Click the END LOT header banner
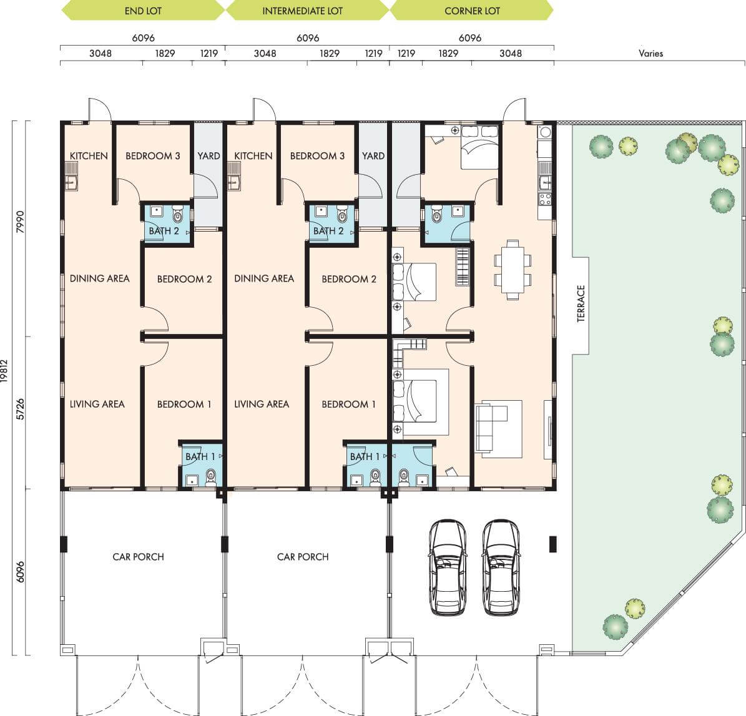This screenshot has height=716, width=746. coord(143,11)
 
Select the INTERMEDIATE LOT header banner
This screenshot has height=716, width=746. coord(307,11)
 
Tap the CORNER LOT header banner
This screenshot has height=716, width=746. coord(471,11)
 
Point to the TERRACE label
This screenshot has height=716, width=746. coord(581,303)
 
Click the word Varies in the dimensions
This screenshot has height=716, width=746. coord(650,53)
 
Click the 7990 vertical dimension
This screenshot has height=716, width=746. coord(20,222)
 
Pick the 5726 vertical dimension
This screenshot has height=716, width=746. coord(20,409)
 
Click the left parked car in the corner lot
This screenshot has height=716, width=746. coord(447,567)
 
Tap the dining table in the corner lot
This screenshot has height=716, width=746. coord(513,270)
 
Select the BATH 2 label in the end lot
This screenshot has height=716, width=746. coord(164,231)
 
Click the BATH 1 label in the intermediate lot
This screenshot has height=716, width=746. coord(365,457)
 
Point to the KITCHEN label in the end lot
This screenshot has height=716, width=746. coord(89,156)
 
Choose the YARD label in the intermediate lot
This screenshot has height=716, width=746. coord(373,156)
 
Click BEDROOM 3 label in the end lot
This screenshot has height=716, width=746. coord(153,156)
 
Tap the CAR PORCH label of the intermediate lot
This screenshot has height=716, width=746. coord(303,557)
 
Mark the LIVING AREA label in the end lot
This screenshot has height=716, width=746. coord(97,405)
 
